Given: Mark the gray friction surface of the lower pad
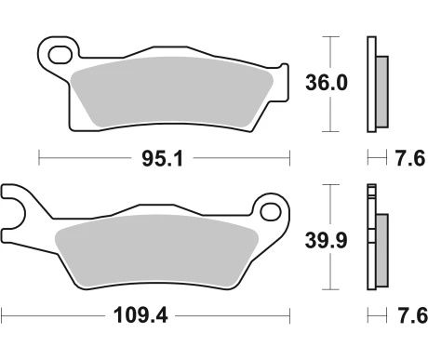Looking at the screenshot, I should coord(158,251).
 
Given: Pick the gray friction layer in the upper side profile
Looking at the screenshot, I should coord(381,90).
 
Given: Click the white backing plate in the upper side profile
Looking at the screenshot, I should coord(371,84).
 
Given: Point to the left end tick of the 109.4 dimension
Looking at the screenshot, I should coord(3,316).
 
